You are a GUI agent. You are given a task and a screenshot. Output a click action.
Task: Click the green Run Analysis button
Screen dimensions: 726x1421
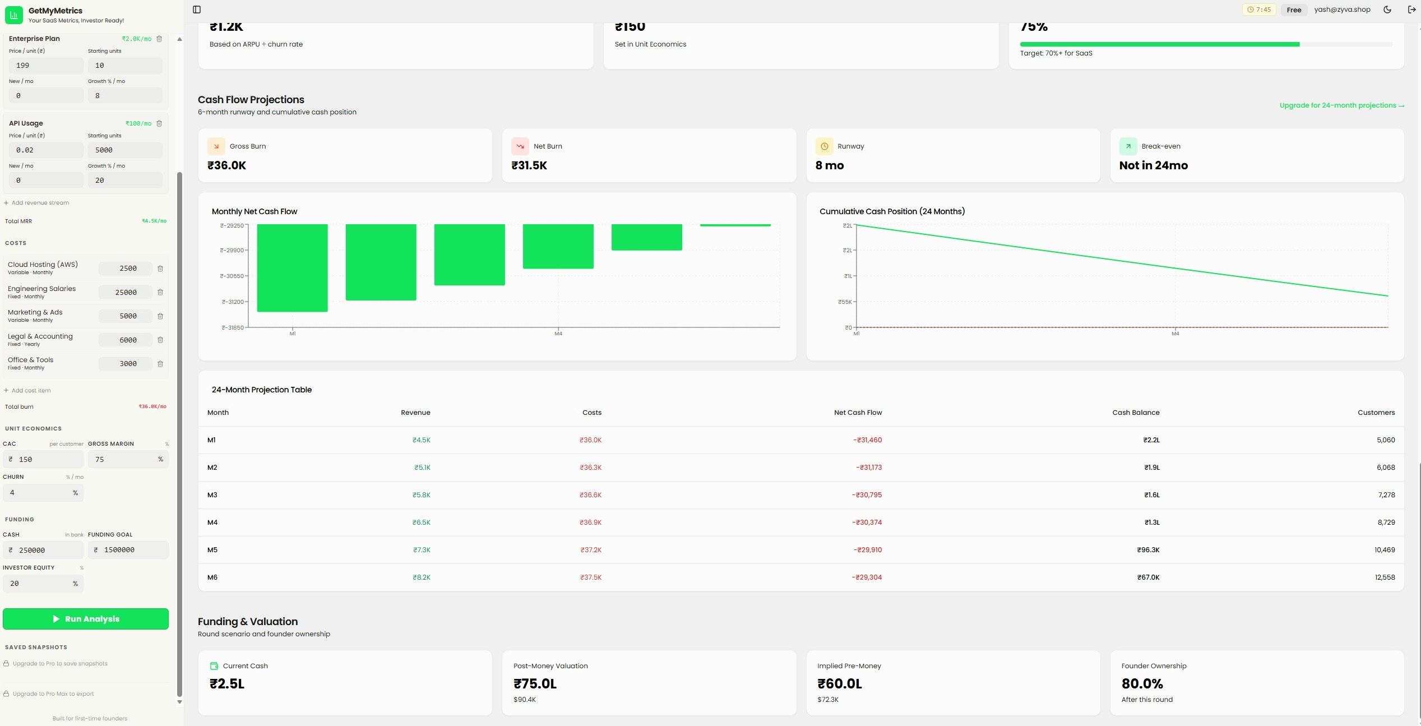tap(86, 619)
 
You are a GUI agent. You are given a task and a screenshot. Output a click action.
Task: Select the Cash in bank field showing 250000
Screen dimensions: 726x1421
tap(44, 550)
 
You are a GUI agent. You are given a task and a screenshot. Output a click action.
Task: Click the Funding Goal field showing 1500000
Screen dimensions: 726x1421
tap(128, 550)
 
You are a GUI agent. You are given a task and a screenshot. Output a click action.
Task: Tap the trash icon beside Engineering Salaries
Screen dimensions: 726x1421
tap(160, 292)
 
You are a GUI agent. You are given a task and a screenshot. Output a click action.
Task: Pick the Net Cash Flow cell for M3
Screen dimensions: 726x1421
tap(867, 495)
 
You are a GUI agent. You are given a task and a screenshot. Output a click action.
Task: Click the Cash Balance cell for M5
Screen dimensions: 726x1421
tap(1147, 550)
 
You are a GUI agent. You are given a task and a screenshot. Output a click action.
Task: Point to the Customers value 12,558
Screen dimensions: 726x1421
tap(1384, 577)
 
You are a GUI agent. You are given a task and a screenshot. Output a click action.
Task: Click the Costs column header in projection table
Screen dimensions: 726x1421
tap(591, 413)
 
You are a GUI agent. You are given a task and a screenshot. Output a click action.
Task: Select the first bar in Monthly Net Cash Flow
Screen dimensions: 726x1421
tap(292, 267)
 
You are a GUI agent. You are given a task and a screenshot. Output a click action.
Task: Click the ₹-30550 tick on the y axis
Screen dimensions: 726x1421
tap(232, 276)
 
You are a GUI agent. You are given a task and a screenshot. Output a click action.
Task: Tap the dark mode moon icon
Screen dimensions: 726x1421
tap(1387, 10)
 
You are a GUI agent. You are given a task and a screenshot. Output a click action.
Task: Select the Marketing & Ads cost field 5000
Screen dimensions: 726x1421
tap(126, 316)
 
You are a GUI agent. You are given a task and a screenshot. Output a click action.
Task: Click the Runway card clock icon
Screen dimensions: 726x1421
tap(824, 146)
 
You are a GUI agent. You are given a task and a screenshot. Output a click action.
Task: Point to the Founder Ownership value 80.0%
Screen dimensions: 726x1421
tap(1142, 684)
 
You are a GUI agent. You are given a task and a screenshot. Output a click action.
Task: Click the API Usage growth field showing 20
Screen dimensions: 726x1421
tap(124, 181)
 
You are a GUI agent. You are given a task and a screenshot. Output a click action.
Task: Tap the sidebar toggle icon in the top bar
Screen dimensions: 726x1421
tap(197, 10)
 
